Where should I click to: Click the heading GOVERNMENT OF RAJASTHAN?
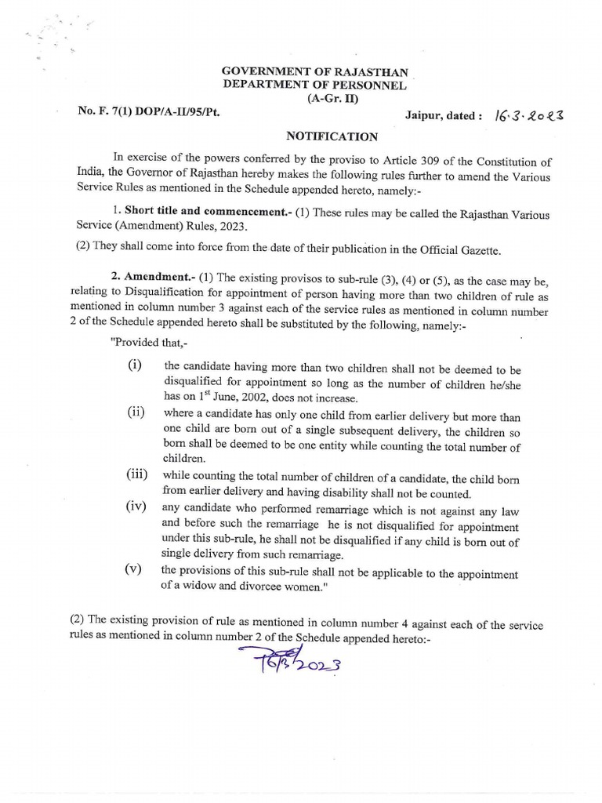[314, 73]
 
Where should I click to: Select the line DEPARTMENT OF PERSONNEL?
[314, 85]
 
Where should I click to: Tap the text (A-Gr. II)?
[314, 99]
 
